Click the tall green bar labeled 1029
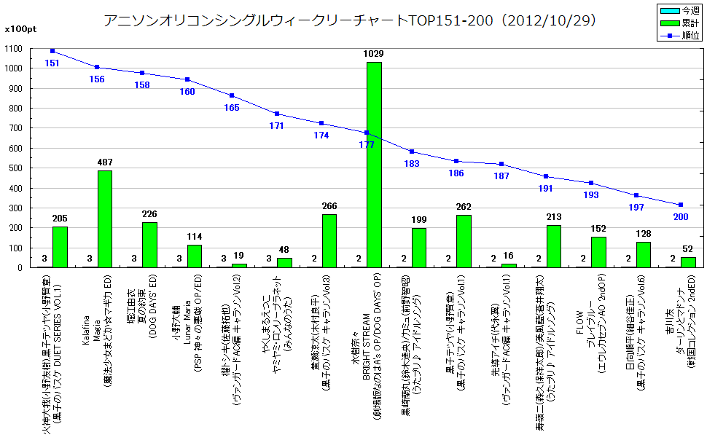click(x=373, y=165)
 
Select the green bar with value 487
click(x=105, y=219)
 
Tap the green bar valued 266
click(x=329, y=240)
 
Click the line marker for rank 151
click(x=52, y=51)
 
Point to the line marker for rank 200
click(x=680, y=205)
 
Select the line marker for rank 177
click(x=366, y=133)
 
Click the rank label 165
click(x=232, y=108)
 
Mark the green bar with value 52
click(x=687, y=262)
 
